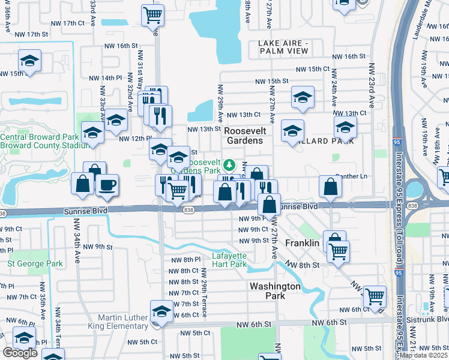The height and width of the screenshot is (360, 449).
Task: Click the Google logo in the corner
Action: tap(20, 353)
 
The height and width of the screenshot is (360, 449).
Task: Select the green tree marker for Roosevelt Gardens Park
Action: tap(229, 164)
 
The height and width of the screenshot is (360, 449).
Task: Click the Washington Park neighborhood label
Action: tap(275, 291)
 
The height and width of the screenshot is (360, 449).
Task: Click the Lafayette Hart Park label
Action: tap(229, 260)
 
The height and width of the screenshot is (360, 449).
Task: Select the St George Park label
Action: tap(35, 263)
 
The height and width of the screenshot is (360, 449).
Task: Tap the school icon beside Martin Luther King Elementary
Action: tap(161, 311)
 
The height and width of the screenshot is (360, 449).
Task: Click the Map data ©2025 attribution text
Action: tap(424, 355)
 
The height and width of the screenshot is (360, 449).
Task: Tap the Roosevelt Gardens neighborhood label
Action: tap(244, 135)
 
